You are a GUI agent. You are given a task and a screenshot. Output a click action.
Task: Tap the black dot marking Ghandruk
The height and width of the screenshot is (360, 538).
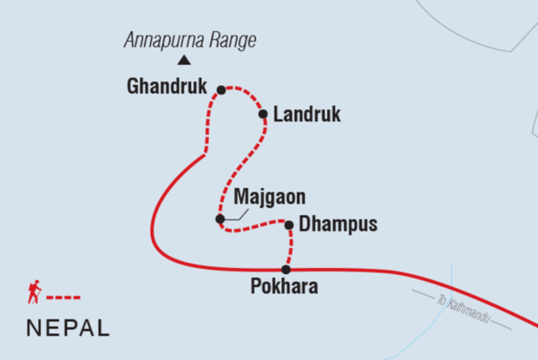point(221,89)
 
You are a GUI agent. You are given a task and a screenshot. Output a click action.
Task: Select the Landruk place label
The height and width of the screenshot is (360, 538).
point(306,115)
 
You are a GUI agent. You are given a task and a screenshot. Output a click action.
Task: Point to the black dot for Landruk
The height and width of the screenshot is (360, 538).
point(262,113)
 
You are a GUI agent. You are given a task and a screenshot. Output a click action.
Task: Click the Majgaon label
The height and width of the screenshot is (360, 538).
point(264,197)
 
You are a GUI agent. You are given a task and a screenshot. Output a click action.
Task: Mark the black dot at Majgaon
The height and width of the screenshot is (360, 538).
point(220,219)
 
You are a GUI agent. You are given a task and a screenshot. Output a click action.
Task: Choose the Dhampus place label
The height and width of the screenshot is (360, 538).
point(338,225)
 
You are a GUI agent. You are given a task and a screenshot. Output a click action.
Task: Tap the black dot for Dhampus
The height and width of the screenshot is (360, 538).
point(288,226)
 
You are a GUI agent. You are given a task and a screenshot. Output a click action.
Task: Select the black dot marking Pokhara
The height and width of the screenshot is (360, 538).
point(285,269)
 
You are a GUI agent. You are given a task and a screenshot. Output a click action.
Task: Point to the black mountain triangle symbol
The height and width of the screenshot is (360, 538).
point(183,60)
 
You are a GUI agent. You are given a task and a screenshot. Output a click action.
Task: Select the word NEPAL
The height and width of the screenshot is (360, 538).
point(68,328)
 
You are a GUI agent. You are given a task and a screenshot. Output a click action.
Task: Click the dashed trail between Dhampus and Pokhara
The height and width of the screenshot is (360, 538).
point(290,247)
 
